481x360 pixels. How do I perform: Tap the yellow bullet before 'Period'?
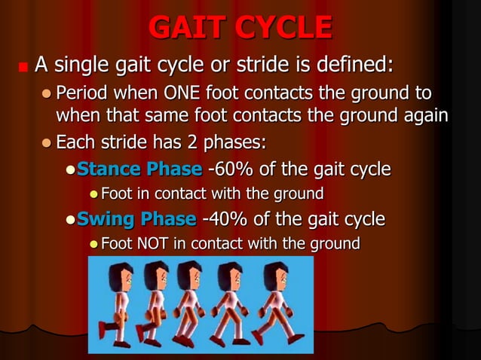pyautogui.click(x=47, y=94)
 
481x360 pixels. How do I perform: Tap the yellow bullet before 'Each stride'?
pyautogui.click(x=47, y=142)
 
